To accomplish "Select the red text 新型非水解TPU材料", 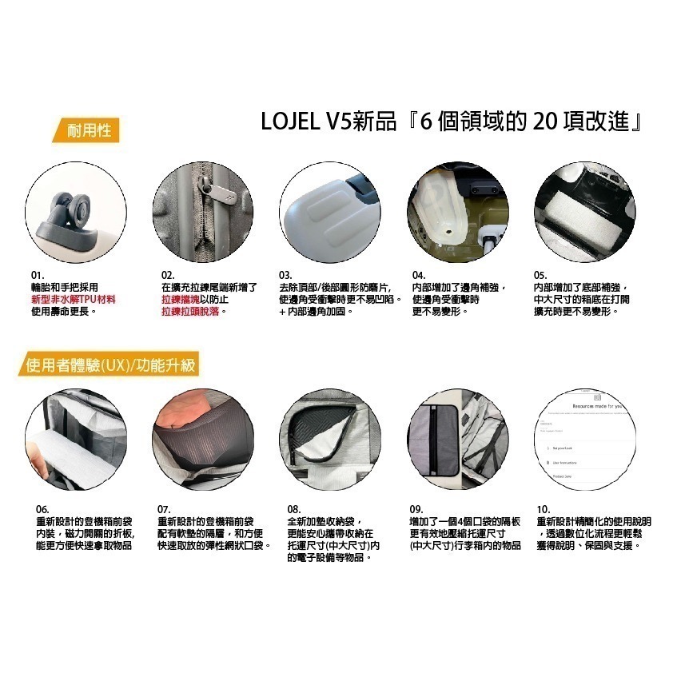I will pyautogui.click(x=78, y=298).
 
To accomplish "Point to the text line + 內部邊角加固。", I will pyautogui.click(x=316, y=309).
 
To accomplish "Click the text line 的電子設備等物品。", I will pyautogui.click(x=329, y=556).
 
